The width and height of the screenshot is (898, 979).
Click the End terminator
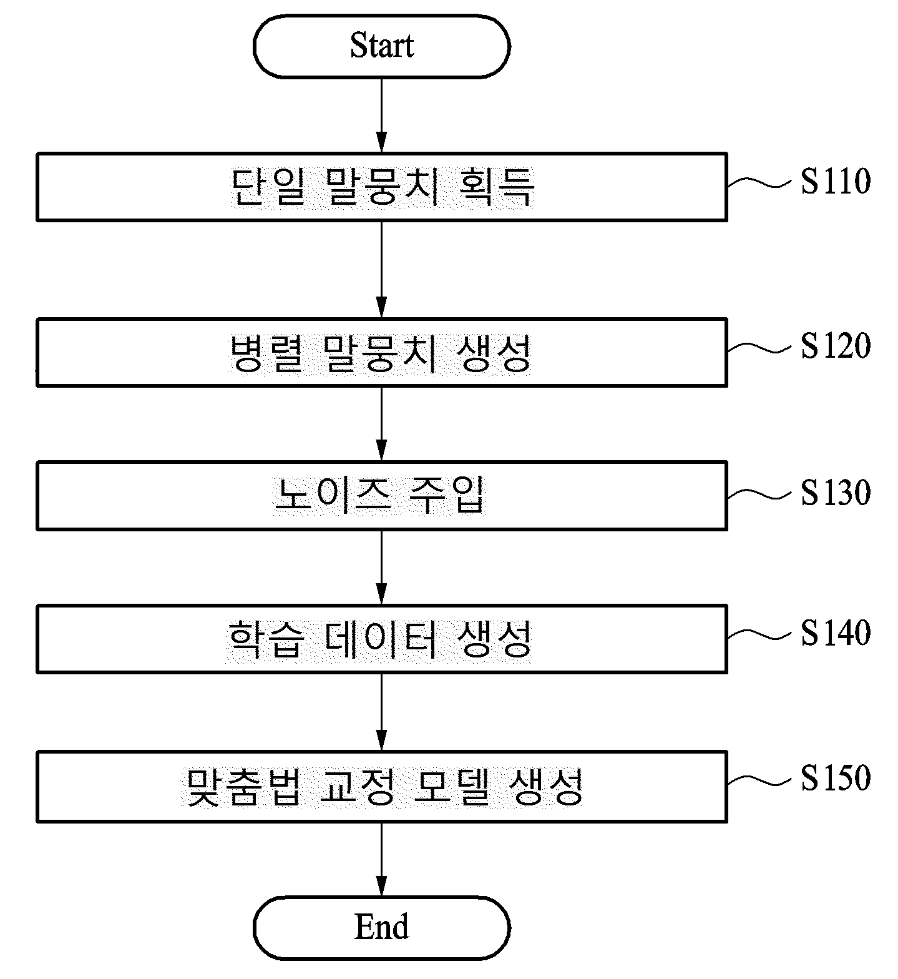coord(381,928)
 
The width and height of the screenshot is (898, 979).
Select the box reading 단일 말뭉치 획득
coord(381,187)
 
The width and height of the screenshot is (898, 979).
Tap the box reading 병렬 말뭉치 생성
coord(381,353)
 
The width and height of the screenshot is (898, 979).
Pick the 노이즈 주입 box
coord(381,496)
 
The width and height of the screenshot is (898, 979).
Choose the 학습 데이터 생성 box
coord(381,639)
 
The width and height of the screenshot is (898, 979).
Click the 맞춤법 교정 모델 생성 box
coord(381,787)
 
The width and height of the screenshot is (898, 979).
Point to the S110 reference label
coord(836,182)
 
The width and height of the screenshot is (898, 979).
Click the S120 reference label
coord(836,347)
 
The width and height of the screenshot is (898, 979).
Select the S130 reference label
coord(836,493)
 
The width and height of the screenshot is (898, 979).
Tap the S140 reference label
coord(836,633)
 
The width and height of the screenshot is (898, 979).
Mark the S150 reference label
coord(836,779)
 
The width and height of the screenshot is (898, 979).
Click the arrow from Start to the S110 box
coord(381,116)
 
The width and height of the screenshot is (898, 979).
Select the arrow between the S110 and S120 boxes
coord(381,270)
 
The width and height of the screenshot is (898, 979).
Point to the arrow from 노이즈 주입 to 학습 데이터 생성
coord(381,568)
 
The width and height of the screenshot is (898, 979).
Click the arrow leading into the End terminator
coord(381,859)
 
